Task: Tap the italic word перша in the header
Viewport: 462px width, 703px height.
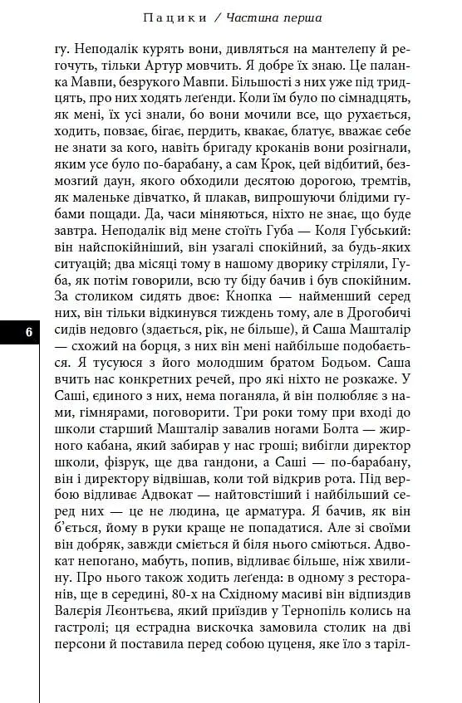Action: point(298,17)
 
